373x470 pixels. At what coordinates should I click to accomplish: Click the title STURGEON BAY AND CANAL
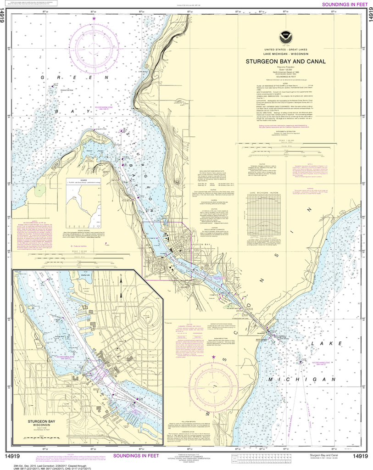(285, 61)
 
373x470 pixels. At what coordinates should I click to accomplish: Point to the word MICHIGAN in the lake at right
(305, 380)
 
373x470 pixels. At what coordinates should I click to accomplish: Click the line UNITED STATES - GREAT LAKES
(285, 49)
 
